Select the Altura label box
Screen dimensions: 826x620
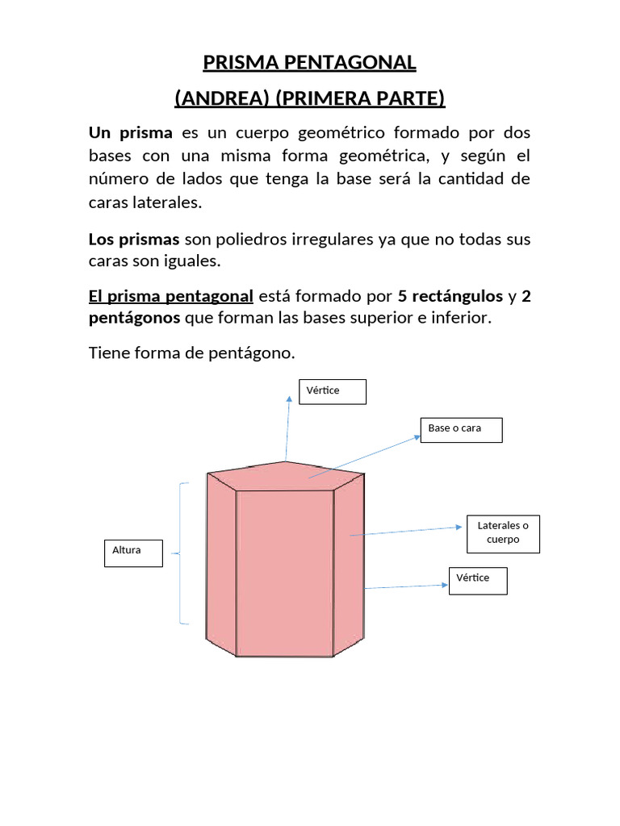[133, 553]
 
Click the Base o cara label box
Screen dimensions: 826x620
[461, 429]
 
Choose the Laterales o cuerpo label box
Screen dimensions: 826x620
[503, 533]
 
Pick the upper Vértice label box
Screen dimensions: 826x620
[333, 391]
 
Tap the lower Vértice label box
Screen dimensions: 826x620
[478, 580]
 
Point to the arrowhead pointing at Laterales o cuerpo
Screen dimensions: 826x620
[461, 528]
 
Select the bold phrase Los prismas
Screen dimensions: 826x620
[134, 240]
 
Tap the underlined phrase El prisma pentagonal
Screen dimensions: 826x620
[171, 296]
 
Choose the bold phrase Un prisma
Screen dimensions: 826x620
[130, 133]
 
